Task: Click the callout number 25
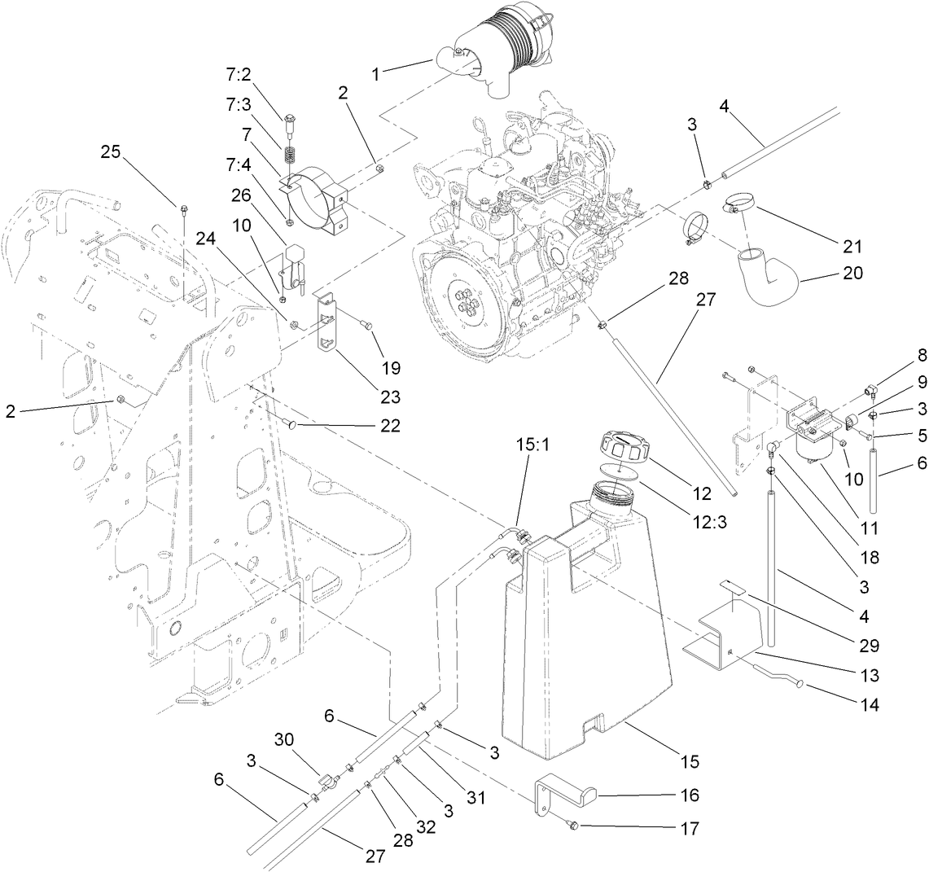pyautogui.click(x=111, y=151)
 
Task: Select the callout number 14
pyautogui.click(x=870, y=706)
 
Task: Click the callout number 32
pyautogui.click(x=425, y=826)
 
